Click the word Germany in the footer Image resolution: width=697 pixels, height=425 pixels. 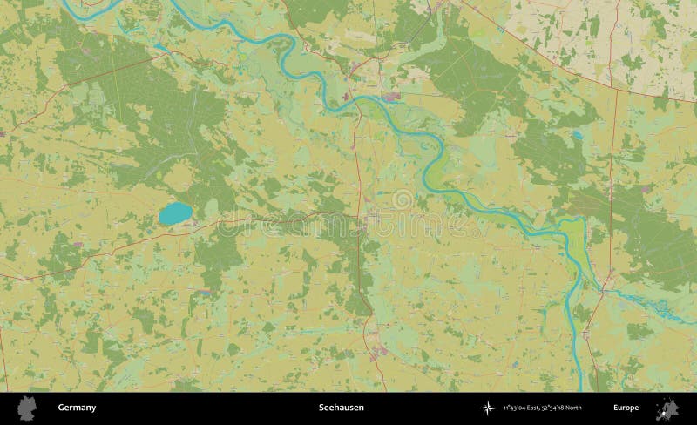coord(77,408)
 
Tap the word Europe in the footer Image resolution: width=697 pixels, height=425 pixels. coord(626,408)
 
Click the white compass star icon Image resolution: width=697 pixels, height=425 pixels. coord(485,408)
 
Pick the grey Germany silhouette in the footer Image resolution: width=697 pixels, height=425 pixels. coord(26,408)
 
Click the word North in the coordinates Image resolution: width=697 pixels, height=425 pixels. coord(572,408)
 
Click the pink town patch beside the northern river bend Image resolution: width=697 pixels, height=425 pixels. coord(390,95)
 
